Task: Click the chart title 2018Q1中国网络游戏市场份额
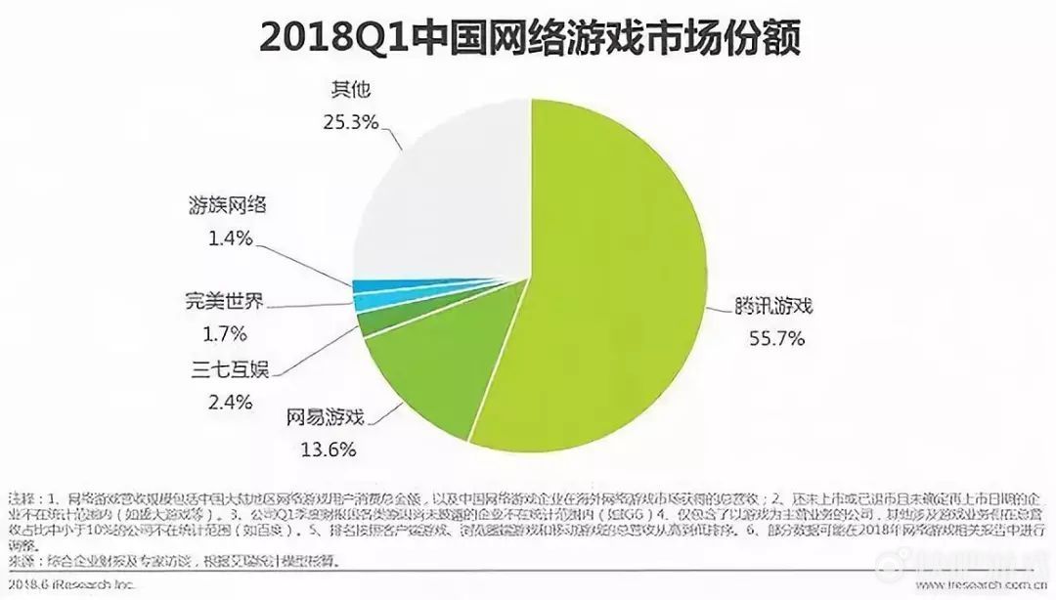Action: click(529, 39)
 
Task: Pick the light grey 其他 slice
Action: click(440, 186)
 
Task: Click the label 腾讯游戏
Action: click(774, 306)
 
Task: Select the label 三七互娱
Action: click(229, 368)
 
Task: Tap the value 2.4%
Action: click(232, 402)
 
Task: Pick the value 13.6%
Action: click(328, 450)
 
